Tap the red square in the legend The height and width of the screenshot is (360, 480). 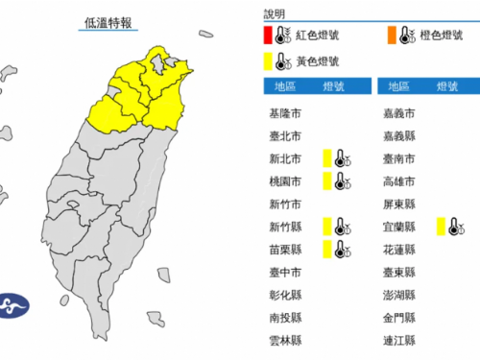tap(269, 37)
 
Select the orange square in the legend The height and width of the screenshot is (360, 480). tap(393, 37)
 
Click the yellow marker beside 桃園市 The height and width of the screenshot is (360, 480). tap(327, 180)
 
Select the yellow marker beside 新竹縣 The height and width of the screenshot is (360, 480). tap(327, 227)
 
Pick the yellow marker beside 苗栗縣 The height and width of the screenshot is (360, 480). tap(327, 250)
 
